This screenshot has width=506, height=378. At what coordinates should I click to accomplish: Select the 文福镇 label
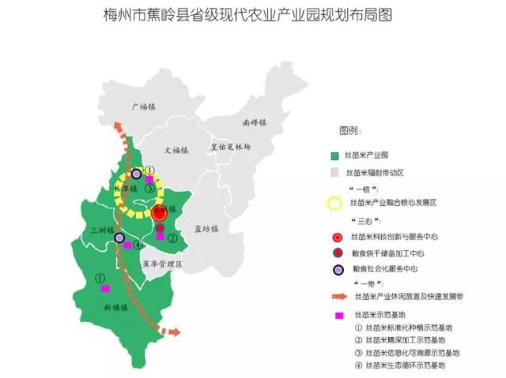[x=179, y=149]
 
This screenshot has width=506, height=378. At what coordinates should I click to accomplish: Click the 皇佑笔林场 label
[x=230, y=147]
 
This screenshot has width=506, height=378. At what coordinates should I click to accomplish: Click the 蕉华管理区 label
[x=161, y=265]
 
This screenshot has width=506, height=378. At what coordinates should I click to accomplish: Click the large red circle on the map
[x=160, y=212]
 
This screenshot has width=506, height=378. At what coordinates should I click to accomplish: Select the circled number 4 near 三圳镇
[x=137, y=245]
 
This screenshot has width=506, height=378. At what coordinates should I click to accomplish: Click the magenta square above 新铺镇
[x=104, y=290]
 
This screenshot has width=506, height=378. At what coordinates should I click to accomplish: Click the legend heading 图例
[x=349, y=129]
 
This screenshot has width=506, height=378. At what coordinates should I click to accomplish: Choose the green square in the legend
[x=336, y=156]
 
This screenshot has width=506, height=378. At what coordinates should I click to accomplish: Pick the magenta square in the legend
[x=338, y=315]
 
